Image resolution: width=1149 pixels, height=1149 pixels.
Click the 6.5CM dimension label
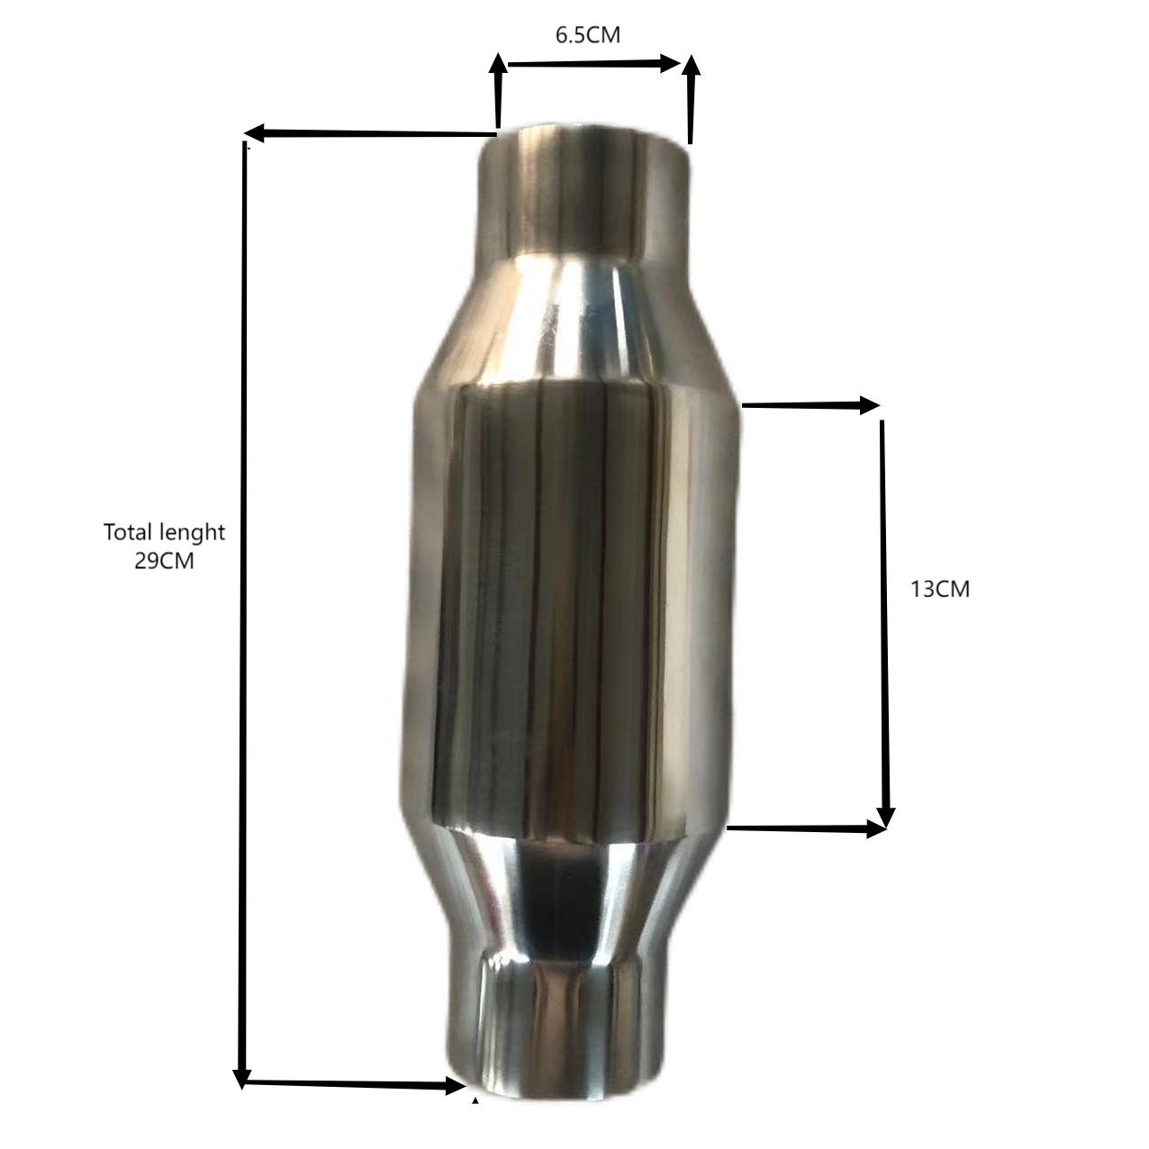coord(587,36)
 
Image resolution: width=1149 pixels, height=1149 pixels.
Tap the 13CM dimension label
coord(940,590)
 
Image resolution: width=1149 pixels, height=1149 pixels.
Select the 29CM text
coord(164,561)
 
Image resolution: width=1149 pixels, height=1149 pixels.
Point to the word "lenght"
coord(187,533)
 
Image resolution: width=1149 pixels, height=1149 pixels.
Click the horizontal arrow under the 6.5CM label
coord(593,63)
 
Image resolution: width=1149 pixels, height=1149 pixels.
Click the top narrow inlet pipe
coord(587,191)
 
